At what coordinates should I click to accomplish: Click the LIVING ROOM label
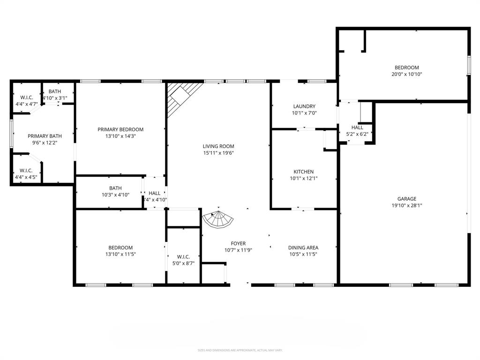coord(218,146)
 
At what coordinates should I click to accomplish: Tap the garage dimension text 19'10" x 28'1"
coord(404,205)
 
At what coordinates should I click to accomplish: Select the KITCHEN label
coord(303,172)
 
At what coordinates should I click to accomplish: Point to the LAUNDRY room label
coord(304,106)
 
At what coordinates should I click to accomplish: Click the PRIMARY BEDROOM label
coord(120,129)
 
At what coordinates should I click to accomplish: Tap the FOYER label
coord(238,243)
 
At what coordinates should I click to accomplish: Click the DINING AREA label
coord(303,247)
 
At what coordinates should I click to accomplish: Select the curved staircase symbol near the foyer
coord(218,219)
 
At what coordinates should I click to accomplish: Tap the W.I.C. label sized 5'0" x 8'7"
coord(183,257)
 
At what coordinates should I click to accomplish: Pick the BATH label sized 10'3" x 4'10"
coord(115,188)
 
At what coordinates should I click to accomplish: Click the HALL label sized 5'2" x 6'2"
coord(357,127)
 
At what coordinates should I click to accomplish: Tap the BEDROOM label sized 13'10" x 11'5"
coord(120,247)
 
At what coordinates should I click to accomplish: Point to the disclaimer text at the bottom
coord(240,350)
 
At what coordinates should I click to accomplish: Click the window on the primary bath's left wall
coord(11,134)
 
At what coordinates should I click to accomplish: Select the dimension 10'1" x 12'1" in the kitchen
coord(303,178)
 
